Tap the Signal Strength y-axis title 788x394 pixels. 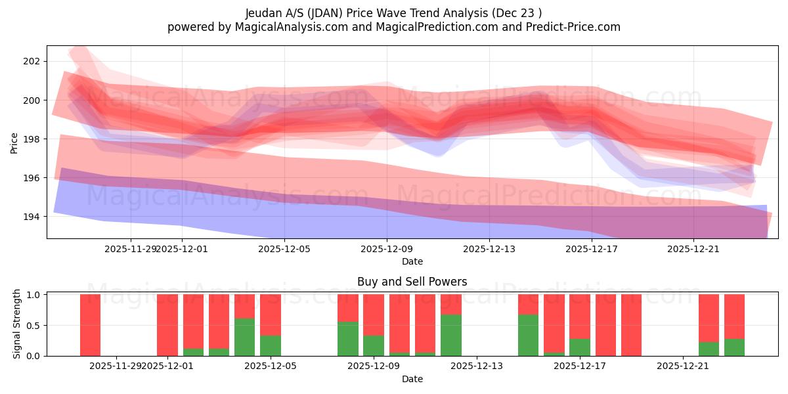tap(17, 324)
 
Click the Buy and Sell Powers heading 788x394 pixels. tap(412, 282)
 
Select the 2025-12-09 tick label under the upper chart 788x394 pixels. tap(387, 249)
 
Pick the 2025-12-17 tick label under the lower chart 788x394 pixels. tap(579, 366)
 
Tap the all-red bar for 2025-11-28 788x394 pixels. tap(90, 325)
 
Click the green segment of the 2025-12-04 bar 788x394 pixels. tap(244, 337)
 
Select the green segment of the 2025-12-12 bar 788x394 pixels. tap(450, 335)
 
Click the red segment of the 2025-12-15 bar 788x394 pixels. tap(528, 304)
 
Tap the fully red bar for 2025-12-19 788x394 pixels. tap(631, 325)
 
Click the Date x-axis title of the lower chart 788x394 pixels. tap(412, 379)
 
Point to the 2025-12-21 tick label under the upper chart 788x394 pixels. tap(694, 249)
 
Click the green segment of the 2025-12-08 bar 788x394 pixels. tap(347, 339)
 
